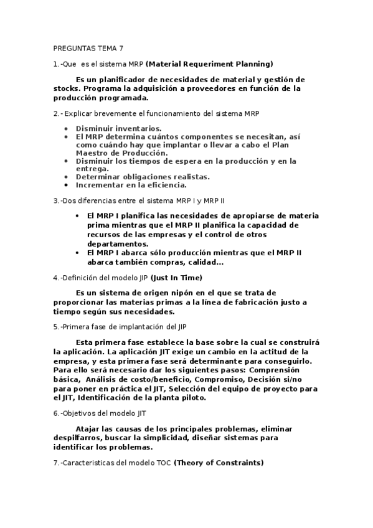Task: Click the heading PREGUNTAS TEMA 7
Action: point(88,48)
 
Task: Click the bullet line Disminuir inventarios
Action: point(110,128)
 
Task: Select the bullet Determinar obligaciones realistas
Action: point(143,176)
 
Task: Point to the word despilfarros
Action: point(79,438)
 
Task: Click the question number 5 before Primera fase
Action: point(55,326)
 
